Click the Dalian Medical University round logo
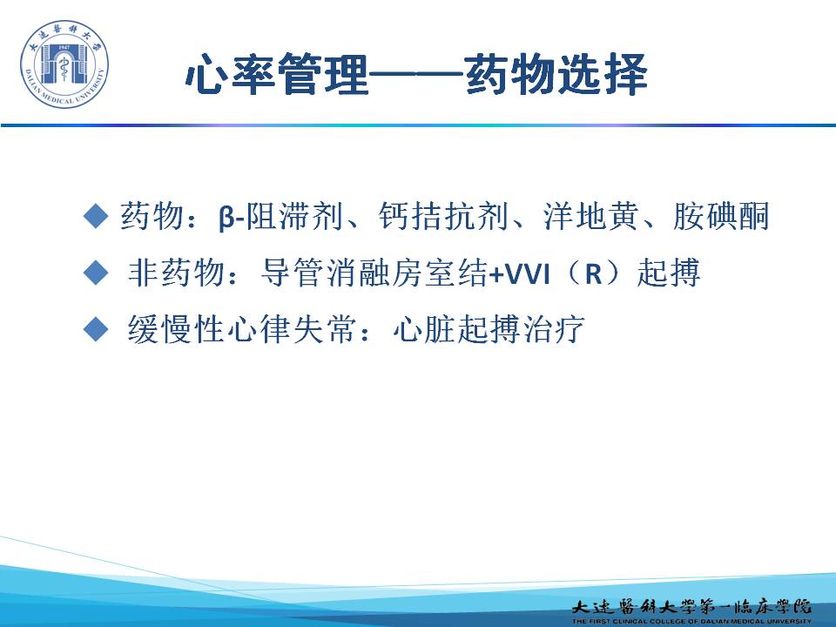coord(64,64)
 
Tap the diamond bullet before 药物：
coord(96,216)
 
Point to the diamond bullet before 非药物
coord(96,273)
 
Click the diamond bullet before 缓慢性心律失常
coord(96,328)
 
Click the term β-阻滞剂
coord(280,217)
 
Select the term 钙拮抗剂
coord(443,217)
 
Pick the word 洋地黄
coord(590,217)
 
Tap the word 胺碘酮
coord(721,217)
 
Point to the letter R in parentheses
coord(593,273)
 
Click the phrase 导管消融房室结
coord(374,273)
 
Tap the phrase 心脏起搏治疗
coord(489,329)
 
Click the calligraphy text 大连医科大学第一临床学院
coord(691,607)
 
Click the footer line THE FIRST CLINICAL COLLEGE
coord(691,621)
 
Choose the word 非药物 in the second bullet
coord(176,273)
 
